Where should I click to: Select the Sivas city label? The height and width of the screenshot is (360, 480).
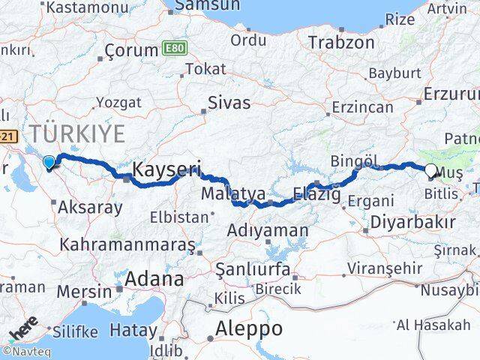click(229, 103)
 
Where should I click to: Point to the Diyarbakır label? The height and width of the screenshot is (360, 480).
click(414, 223)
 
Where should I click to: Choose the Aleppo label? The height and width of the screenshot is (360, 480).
click(249, 328)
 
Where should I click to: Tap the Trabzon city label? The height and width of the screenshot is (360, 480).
click(341, 42)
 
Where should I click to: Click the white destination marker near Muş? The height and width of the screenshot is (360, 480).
click(431, 171)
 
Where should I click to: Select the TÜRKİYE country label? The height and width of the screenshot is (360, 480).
click(77, 135)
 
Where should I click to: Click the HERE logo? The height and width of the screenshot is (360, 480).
click(23, 330)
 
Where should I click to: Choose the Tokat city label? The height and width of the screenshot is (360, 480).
click(205, 69)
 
